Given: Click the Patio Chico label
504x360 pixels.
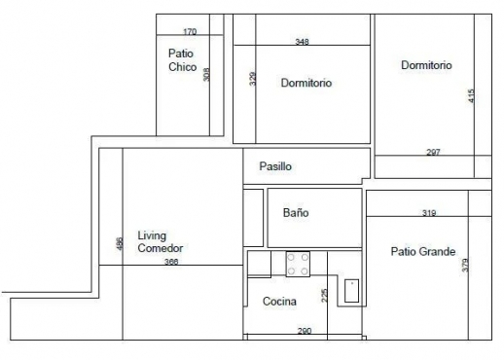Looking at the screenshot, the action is click(x=183, y=60).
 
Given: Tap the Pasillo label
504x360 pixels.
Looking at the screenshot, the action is click(x=275, y=166).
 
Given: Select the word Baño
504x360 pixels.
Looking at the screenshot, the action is click(x=296, y=213).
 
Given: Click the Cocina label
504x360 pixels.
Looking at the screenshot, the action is click(x=279, y=302).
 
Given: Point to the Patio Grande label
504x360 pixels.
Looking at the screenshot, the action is click(x=423, y=251).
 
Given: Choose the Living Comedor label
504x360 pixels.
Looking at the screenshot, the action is click(x=161, y=241).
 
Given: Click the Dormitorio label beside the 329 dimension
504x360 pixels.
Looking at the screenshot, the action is click(x=306, y=83).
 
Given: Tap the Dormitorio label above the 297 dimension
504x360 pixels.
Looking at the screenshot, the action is click(x=426, y=65).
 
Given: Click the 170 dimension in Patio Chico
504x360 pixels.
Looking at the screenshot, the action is click(x=190, y=32).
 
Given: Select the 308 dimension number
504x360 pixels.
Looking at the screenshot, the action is click(x=206, y=75).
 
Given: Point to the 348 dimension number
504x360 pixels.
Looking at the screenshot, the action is click(x=303, y=42).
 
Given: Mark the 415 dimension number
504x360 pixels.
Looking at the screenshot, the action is click(x=472, y=96).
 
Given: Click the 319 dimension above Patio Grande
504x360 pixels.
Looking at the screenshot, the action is click(x=429, y=213).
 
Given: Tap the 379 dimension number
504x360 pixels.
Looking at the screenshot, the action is click(x=465, y=265).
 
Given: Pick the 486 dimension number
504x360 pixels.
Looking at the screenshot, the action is click(x=120, y=244).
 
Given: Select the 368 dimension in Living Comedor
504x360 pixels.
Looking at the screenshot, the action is click(x=171, y=262).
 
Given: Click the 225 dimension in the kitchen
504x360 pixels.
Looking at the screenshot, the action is click(x=324, y=296).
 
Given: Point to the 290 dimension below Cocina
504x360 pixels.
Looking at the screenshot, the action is click(x=305, y=331).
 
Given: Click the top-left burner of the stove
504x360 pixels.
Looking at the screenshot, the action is click(x=291, y=258).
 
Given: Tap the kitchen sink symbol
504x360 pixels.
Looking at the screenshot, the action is click(x=351, y=291).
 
